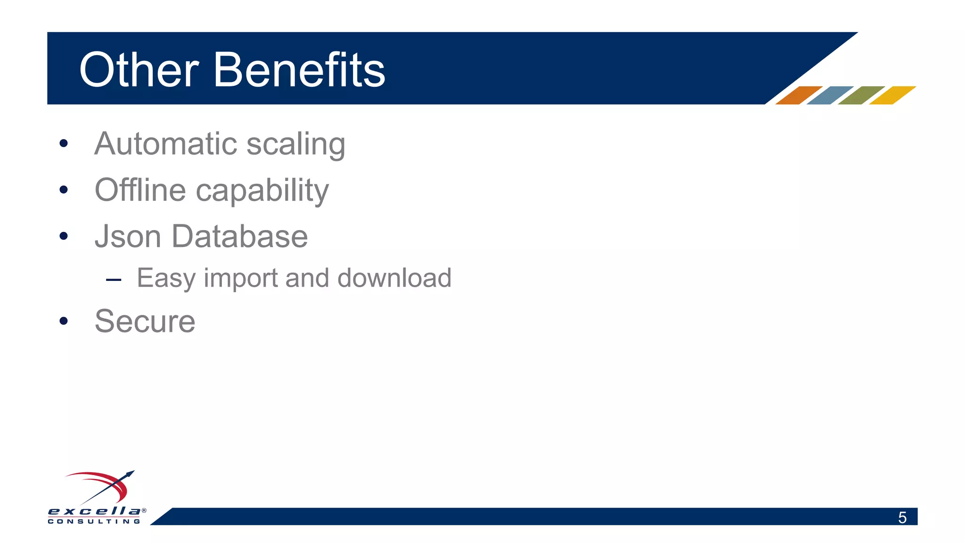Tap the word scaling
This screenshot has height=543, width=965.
296,144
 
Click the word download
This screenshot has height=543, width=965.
394,278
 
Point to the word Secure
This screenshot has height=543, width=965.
145,321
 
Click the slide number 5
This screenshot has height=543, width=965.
902,518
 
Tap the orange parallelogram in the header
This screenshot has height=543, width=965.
799,95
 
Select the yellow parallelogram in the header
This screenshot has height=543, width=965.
892,95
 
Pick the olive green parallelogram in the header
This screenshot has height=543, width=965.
861,95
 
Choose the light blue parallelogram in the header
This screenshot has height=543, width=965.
830,95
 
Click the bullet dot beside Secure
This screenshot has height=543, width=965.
64,321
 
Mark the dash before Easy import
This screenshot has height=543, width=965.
114,280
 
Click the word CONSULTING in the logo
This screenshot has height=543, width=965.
94,521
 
